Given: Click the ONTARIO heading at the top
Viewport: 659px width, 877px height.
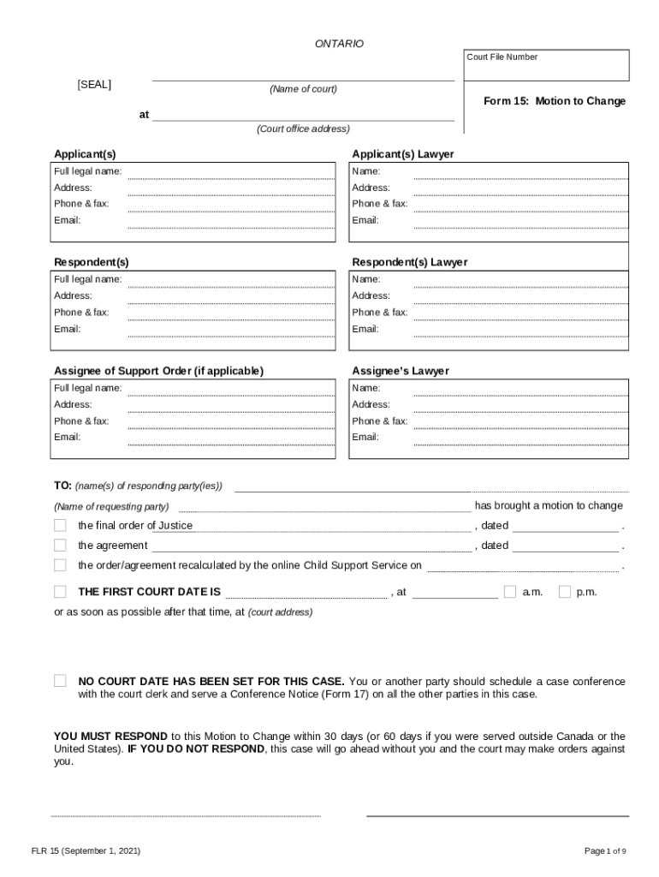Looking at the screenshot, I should [339, 44].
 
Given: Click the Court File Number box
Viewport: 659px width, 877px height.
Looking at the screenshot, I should [546, 66].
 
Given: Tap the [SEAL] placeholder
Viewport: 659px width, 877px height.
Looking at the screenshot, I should [94, 85].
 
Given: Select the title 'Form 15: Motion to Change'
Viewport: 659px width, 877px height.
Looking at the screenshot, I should [554, 101].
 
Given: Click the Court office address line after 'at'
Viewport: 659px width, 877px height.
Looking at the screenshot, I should [303, 116].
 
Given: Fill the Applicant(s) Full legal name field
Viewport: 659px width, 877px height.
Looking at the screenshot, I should [231, 172].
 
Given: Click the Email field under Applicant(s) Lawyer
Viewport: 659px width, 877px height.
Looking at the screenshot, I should [520, 221].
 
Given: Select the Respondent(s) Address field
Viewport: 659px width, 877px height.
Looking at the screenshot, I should [231, 296].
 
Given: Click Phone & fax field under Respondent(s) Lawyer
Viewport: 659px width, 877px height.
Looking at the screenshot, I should [520, 313].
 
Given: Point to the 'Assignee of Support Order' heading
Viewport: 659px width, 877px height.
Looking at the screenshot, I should [159, 371].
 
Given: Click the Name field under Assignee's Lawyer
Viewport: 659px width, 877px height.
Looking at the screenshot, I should [520, 388].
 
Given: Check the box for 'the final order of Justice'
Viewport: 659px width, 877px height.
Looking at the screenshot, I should [60, 525].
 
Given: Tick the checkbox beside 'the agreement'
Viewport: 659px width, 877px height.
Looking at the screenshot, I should [60, 546].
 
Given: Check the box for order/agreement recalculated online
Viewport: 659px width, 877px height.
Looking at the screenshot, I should [60, 565].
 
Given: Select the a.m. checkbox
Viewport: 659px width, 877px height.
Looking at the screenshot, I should [510, 592].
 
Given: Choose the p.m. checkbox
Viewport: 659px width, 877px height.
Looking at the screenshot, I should [565, 592].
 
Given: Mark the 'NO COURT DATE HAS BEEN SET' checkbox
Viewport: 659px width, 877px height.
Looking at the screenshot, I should [60, 681].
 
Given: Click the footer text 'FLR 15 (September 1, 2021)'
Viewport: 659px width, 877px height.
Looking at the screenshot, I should [86, 851].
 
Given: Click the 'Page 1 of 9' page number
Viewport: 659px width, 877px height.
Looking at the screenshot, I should [605, 851].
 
